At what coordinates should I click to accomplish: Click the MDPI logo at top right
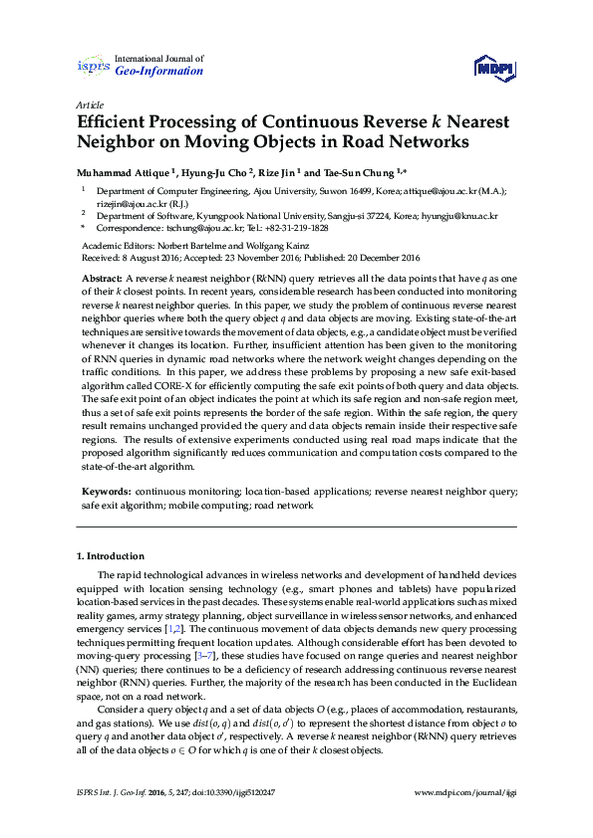(495, 68)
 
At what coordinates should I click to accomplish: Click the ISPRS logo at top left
(93, 66)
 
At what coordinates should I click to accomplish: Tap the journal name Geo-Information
(159, 72)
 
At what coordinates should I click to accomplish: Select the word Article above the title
(90, 104)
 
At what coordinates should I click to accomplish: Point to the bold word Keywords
(105, 492)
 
